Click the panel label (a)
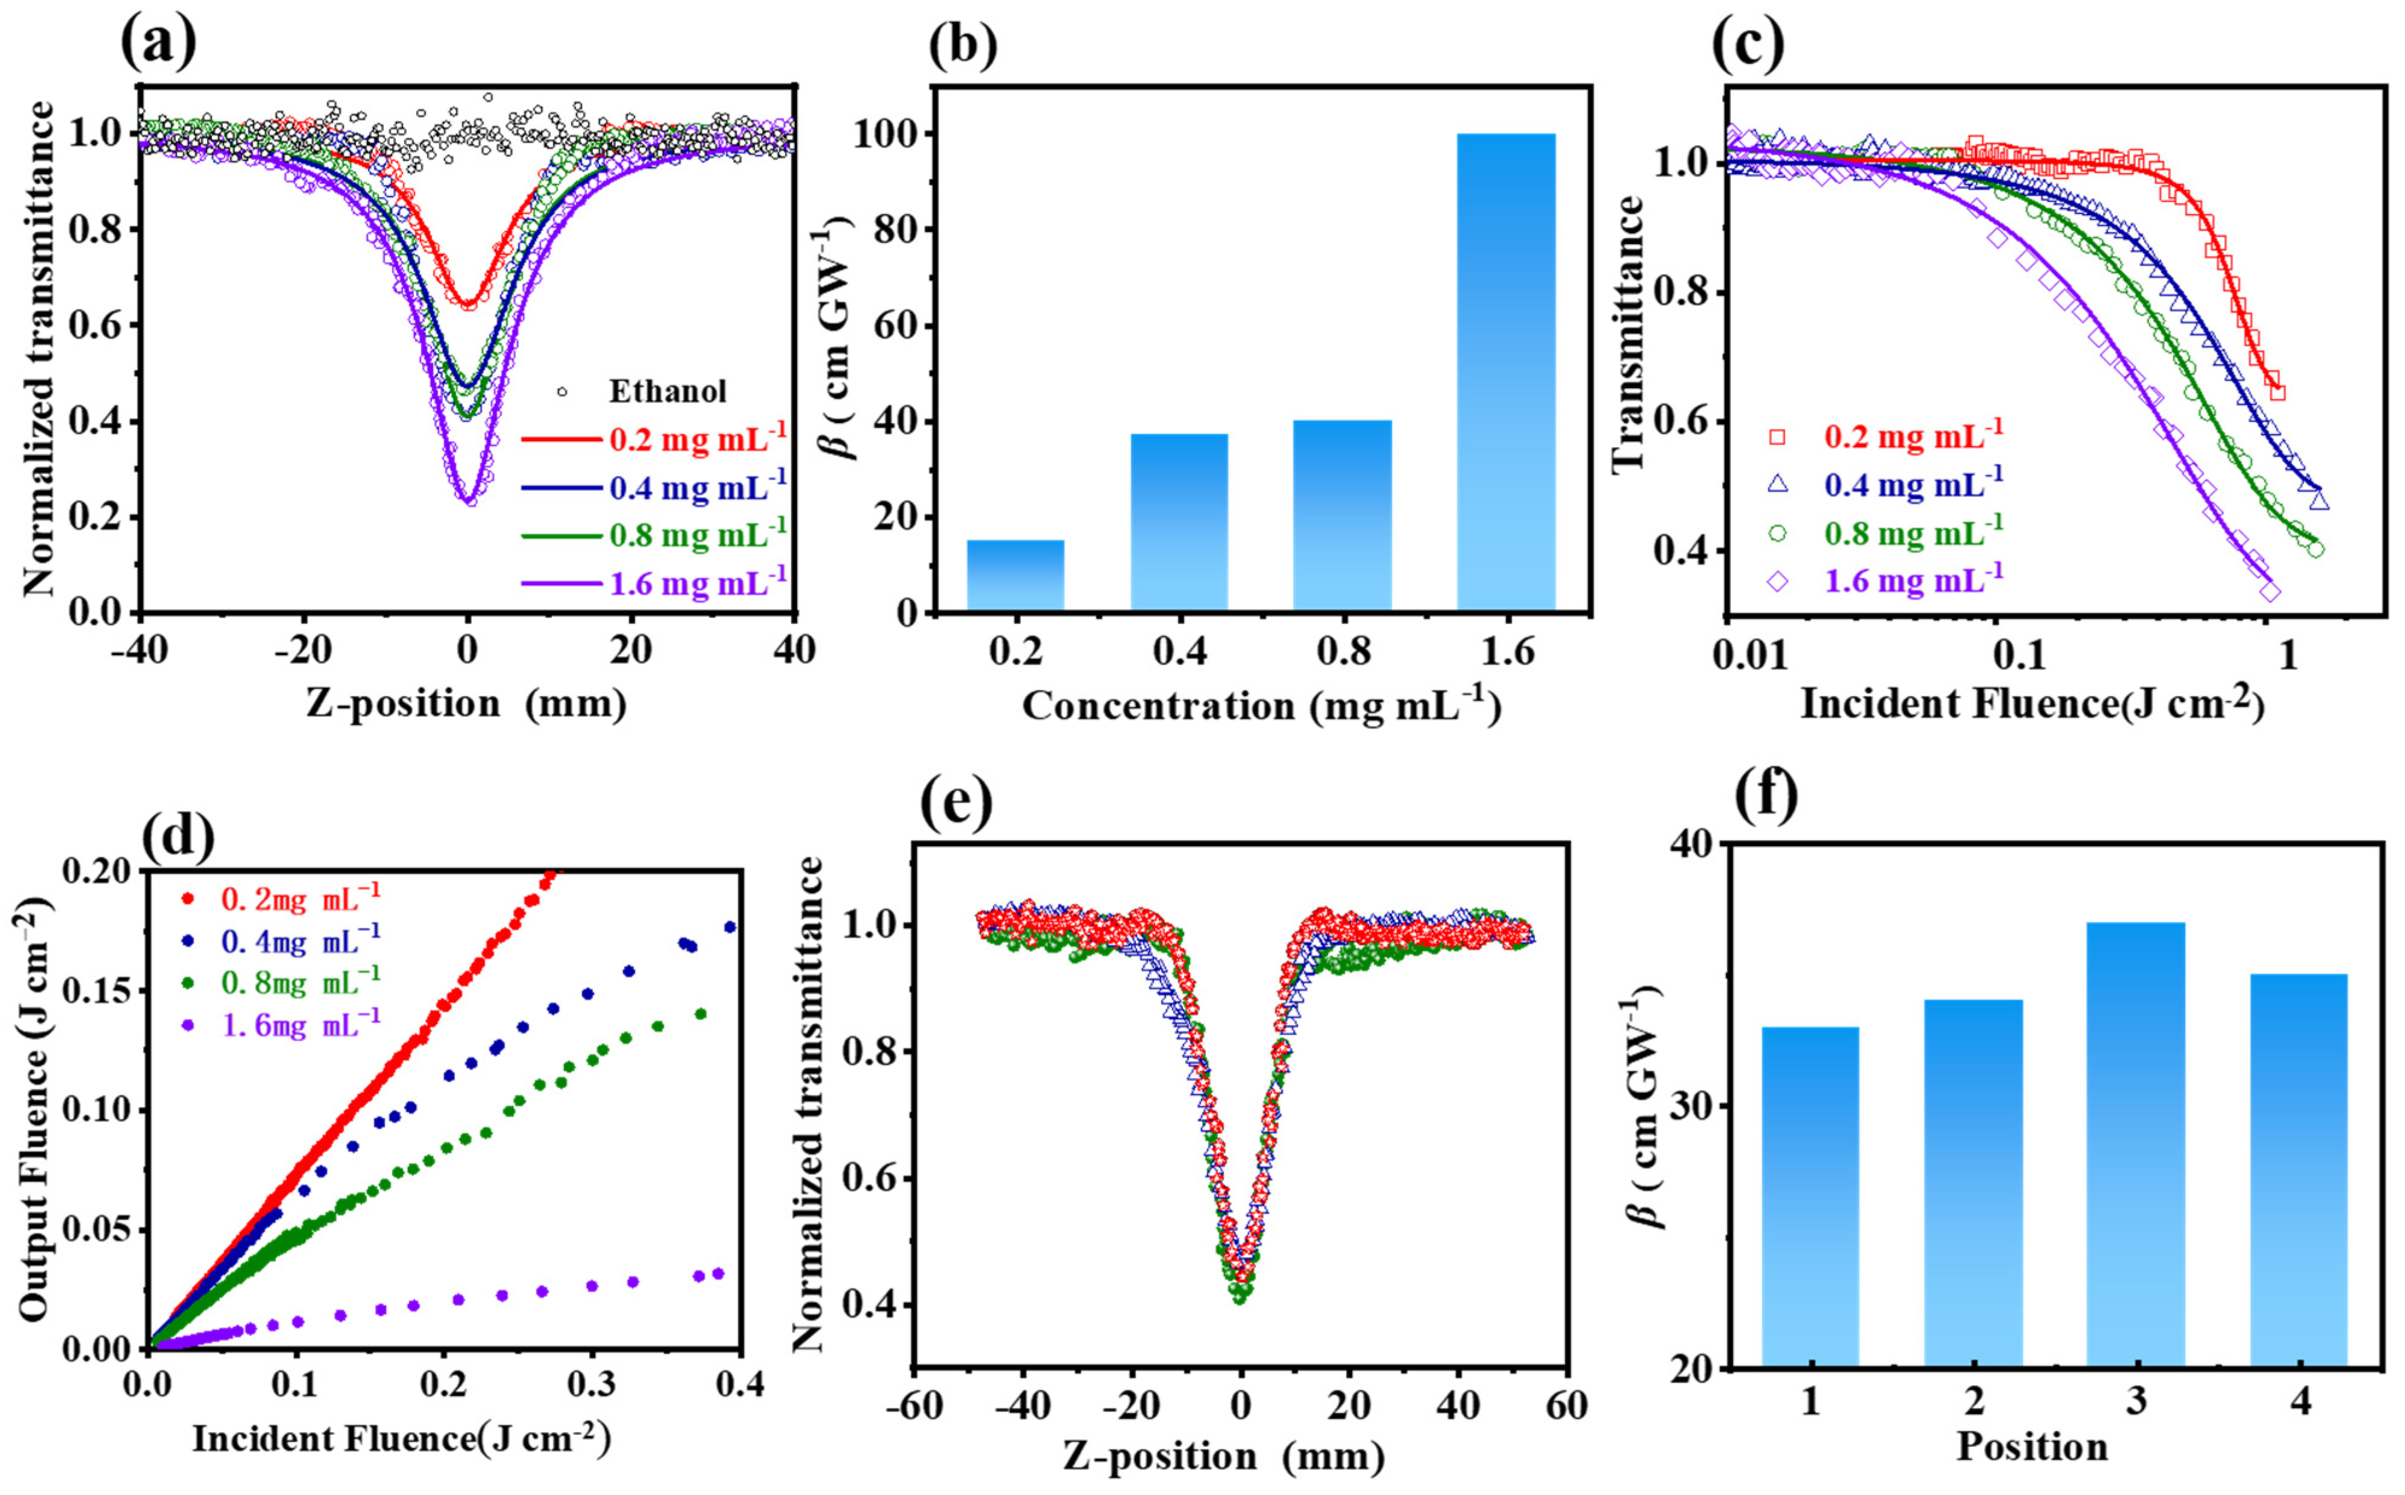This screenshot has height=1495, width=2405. point(158,41)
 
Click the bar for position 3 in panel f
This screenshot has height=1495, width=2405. point(2135,1145)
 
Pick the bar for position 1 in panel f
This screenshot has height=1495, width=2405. point(1810,1198)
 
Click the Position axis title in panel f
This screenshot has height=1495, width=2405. point(2033,1446)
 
